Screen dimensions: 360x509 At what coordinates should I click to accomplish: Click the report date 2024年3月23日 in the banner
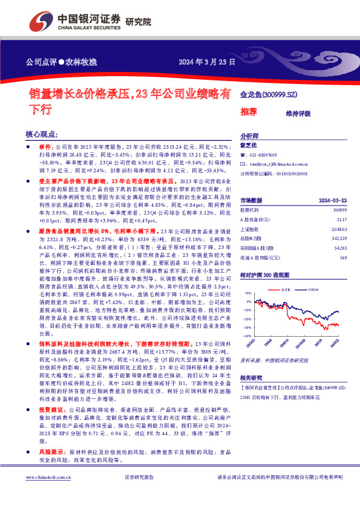[203, 62]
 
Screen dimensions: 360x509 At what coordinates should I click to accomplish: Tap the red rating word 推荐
[249, 111]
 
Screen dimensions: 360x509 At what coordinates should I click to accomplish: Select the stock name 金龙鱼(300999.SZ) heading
[269, 95]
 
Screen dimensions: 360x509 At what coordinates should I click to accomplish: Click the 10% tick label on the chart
[247, 292]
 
